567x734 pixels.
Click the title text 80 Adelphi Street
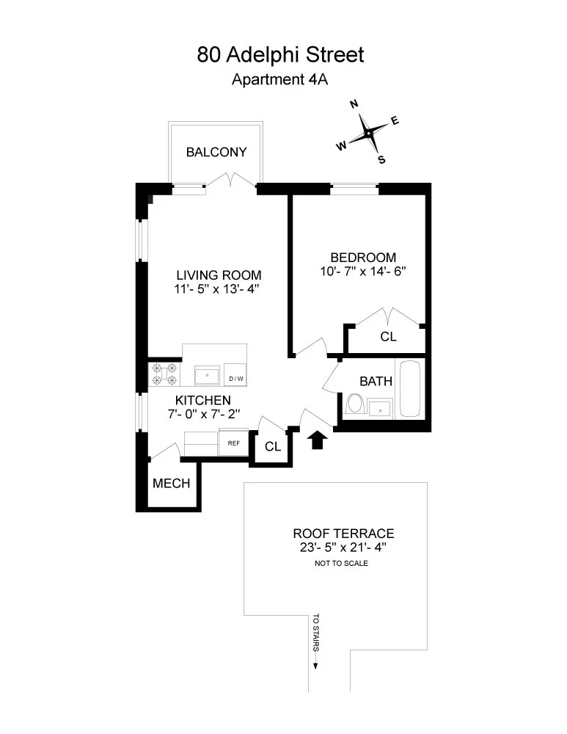click(280, 54)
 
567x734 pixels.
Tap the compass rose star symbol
click(367, 134)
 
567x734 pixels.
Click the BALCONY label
click(216, 153)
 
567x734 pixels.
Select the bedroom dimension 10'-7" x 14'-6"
click(363, 271)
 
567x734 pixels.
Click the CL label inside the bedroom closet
click(388, 337)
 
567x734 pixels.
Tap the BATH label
click(376, 382)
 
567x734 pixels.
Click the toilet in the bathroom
click(355, 404)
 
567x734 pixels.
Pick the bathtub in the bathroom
click(409, 390)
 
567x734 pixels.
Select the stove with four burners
click(164, 374)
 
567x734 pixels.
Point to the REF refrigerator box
click(234, 443)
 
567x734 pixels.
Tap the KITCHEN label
click(203, 400)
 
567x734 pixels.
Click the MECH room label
click(172, 484)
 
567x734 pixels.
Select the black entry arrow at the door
click(318, 440)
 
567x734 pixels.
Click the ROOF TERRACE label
click(343, 534)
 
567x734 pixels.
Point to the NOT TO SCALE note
click(340, 564)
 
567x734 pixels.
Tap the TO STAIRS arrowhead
click(316, 665)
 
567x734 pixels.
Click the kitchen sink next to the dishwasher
click(208, 376)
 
